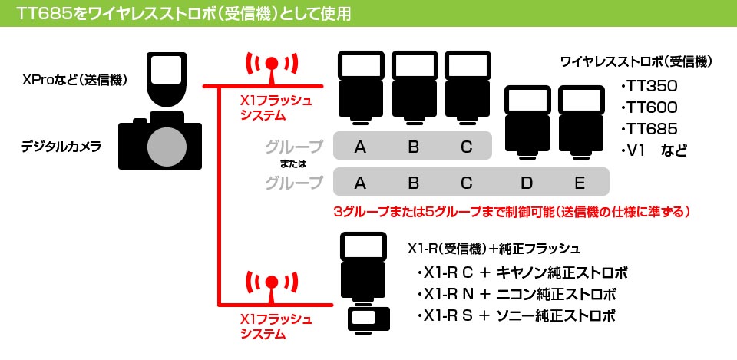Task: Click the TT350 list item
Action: pos(649,87)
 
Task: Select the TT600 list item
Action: pos(649,107)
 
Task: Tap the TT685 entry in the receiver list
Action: pos(649,129)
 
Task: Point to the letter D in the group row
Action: pos(527,183)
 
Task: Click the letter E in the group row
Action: pos(580,183)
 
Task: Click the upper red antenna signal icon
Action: pos(271,69)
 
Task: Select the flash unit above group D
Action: pos(527,122)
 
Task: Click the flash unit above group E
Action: pos(581,122)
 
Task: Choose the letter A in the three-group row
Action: pos(360,147)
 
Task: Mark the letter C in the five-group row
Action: pos(466,183)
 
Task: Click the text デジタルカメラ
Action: pos(61,147)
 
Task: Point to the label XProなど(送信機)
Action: pos(75,81)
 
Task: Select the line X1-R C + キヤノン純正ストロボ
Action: pos(522,273)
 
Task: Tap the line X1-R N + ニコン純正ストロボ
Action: pos(516,295)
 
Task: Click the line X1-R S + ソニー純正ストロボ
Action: pos(516,315)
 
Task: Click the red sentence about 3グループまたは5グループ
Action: pos(511,212)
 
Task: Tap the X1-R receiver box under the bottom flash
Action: pos(368,319)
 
